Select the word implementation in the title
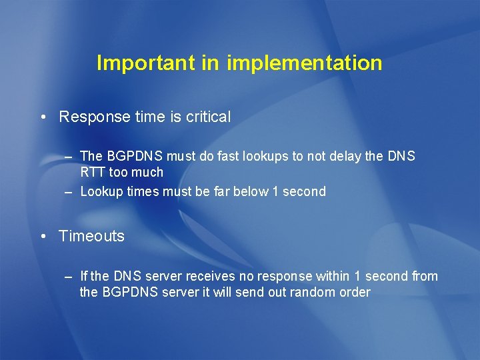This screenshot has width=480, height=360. point(305,63)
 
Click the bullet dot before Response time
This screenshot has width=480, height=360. point(43,117)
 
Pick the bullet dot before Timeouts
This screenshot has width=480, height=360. point(43,236)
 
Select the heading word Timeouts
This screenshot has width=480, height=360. point(91,236)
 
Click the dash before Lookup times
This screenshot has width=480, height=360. point(68,192)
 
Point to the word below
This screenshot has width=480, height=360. point(250,192)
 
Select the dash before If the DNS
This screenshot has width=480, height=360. point(68,276)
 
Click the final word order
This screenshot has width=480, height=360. point(355,293)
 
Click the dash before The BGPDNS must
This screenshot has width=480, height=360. point(68,156)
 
